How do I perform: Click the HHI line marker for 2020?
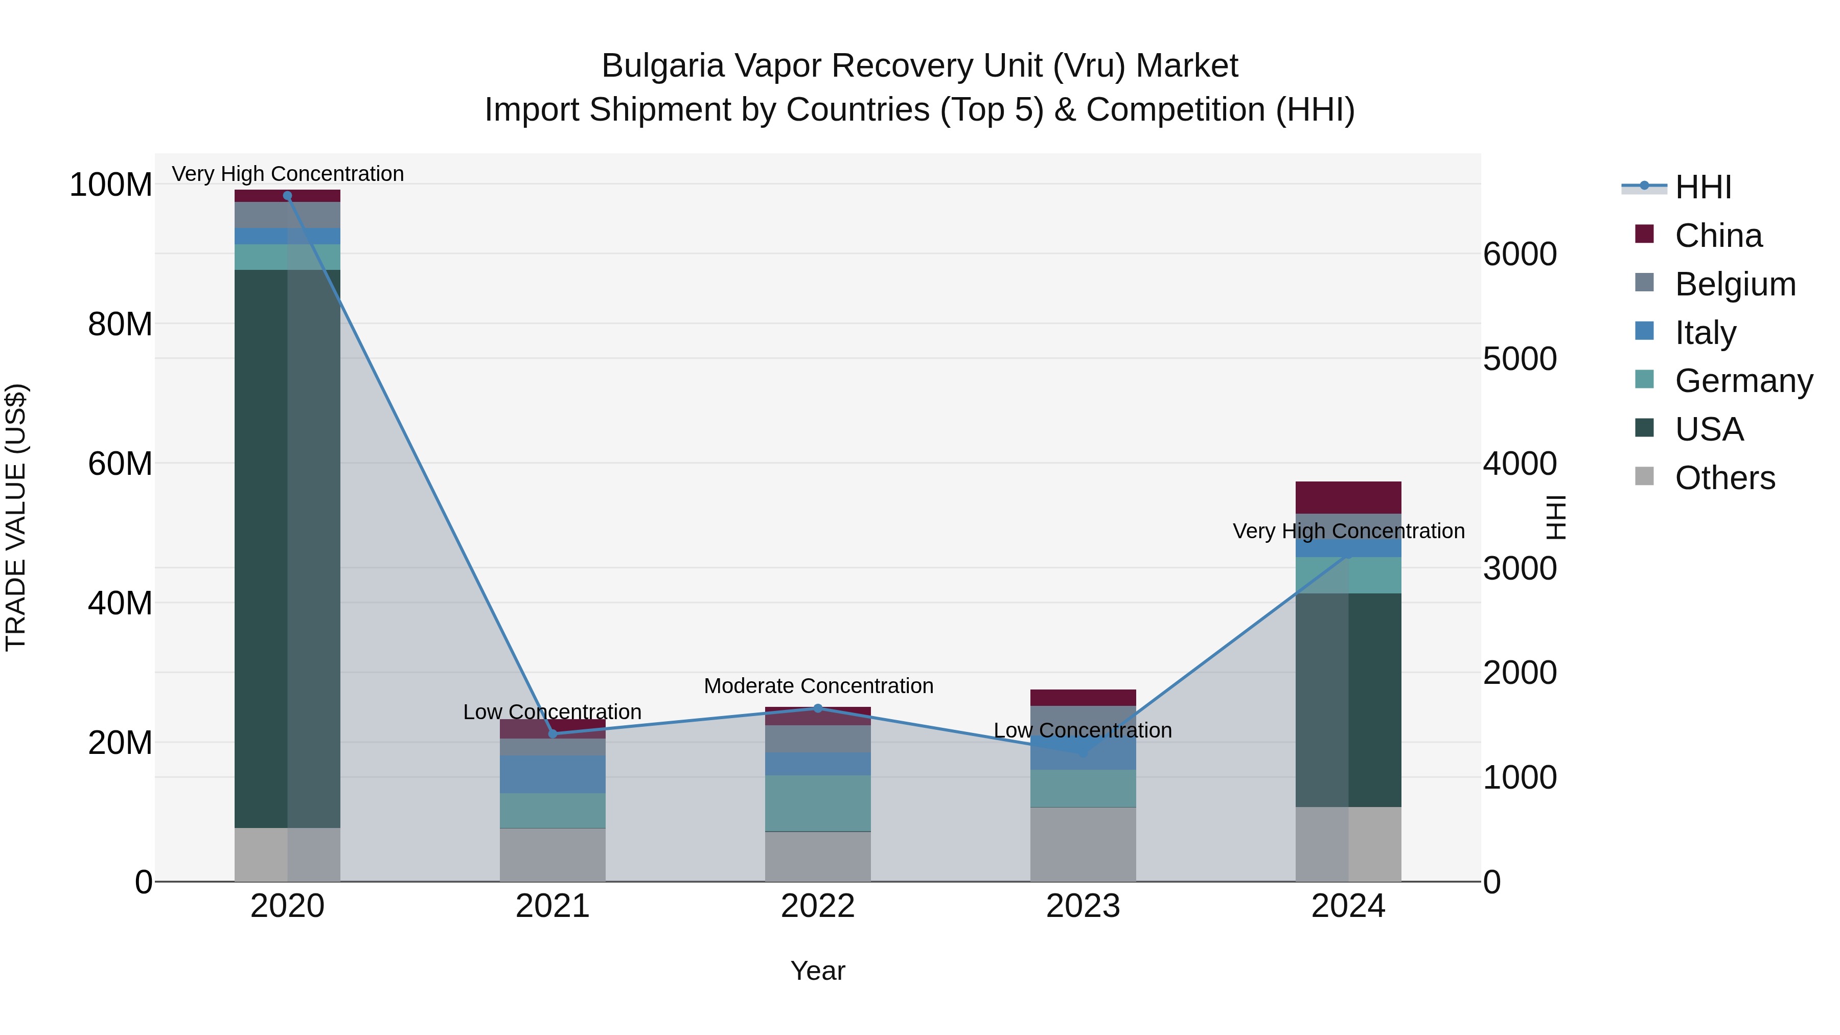[288, 196]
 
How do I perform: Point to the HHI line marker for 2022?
[818, 708]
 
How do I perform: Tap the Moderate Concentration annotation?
[818, 686]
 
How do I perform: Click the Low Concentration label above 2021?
[552, 712]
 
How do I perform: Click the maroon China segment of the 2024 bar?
[1348, 497]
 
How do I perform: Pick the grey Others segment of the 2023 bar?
[1083, 844]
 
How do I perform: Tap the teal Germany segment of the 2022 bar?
[818, 803]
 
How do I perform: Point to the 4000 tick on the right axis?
[1520, 464]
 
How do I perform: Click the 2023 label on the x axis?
[1083, 906]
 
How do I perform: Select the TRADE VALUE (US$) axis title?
[16, 517]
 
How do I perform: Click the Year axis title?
[818, 971]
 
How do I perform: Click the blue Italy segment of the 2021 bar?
[552, 774]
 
